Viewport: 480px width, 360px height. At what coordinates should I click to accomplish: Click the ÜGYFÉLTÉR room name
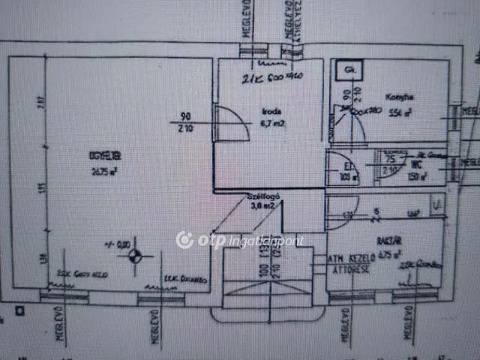(105, 157)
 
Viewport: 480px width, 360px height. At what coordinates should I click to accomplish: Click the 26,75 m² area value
(105, 170)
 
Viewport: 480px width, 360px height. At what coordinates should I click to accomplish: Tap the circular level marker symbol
(136, 257)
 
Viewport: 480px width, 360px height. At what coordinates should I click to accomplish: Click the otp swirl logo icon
(184, 240)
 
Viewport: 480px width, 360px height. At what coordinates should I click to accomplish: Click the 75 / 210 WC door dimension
(390, 165)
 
